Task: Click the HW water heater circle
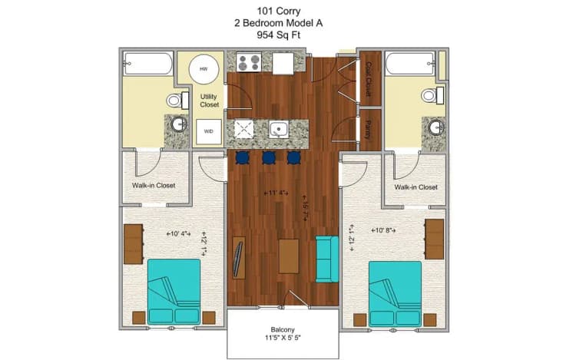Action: (x=204, y=69)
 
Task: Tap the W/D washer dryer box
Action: (x=208, y=131)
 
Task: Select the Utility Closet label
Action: (x=209, y=101)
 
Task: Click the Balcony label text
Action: (x=282, y=331)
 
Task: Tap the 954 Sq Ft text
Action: (x=287, y=35)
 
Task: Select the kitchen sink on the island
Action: (x=278, y=130)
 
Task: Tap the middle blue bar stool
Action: (x=269, y=157)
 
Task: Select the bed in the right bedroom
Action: (x=395, y=292)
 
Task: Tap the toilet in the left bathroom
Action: (x=176, y=100)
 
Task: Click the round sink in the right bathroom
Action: (x=437, y=127)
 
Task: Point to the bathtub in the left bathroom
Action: (x=148, y=63)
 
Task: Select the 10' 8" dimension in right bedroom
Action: (x=386, y=230)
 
